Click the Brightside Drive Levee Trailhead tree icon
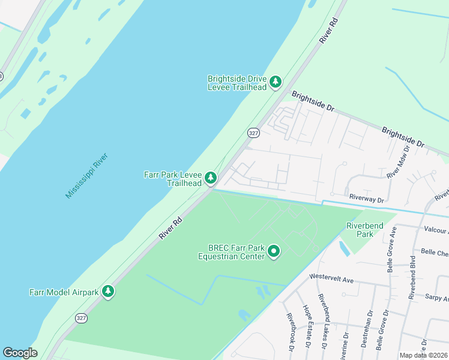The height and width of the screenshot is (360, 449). click(x=276, y=82)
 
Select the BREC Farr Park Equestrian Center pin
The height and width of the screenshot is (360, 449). click(x=274, y=251)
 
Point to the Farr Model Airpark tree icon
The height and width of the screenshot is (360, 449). click(x=108, y=292)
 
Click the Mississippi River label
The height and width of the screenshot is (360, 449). click(x=87, y=175)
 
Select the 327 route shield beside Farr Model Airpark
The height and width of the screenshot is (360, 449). click(x=81, y=318)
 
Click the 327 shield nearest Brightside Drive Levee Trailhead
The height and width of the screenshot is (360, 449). click(x=253, y=133)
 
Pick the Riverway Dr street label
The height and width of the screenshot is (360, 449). click(x=366, y=197)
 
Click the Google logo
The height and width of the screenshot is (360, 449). click(x=20, y=353)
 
